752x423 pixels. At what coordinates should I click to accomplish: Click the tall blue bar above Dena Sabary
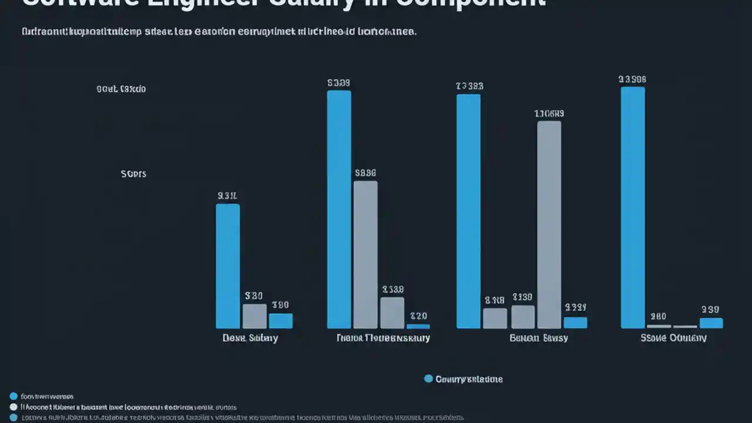coord(228,266)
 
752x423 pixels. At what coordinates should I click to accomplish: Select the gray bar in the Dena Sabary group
coord(254,316)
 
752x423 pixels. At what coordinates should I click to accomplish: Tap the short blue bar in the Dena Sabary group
coord(281,321)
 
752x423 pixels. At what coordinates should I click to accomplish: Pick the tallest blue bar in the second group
coord(339,209)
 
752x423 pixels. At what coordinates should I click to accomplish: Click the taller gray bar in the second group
coord(365,254)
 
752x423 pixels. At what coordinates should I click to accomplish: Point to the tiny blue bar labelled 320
coord(418,326)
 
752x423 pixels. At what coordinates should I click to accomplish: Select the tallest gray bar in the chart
coord(549,224)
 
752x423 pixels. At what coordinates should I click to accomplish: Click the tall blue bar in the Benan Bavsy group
coord(468,211)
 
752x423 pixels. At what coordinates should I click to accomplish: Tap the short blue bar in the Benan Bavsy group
coord(575,323)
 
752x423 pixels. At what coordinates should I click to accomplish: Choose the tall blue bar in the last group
coord(633,207)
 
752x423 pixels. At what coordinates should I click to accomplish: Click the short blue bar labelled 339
coord(711,323)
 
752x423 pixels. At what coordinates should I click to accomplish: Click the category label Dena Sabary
coord(250,338)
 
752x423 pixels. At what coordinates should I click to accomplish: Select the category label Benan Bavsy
coord(539,338)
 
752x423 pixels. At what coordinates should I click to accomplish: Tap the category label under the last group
coord(673,338)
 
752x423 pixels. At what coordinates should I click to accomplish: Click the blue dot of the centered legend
coord(428,379)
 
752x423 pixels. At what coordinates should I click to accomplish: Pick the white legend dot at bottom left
coord(14,407)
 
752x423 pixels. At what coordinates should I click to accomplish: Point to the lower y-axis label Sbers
coord(133,174)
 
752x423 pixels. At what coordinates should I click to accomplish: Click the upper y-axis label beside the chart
coord(121,89)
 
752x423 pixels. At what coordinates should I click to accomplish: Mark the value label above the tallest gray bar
coord(549,113)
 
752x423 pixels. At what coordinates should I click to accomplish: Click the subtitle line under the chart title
coord(219,32)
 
